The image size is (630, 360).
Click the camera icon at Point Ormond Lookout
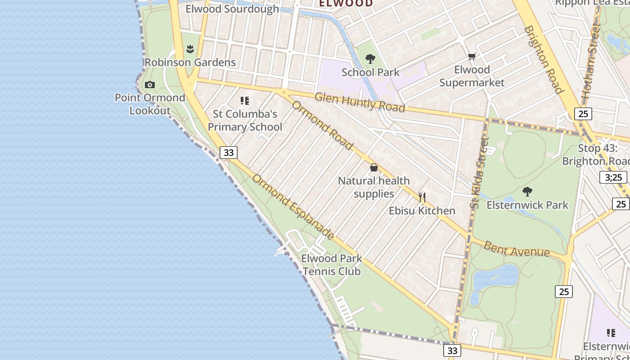pos(150,85)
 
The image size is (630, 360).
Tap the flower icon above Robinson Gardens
pos(190,49)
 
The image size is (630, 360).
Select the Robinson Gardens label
pos(190,62)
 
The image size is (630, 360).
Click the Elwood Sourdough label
pos(232,9)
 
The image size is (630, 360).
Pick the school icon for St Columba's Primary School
pos(245,101)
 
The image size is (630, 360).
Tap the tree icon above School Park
pos(370,59)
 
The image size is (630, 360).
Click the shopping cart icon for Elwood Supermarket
pos(472,57)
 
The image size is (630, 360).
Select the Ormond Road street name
pos(322,125)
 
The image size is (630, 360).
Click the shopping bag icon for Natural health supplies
pos(374,168)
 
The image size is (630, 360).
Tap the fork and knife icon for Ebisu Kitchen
pos(422,198)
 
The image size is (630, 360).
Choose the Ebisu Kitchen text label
pos(422,211)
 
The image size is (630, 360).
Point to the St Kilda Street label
pos(479,173)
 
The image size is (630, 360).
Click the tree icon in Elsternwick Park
pos(527,192)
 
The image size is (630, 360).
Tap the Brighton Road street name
pos(544,59)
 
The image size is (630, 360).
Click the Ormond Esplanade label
pos(293,207)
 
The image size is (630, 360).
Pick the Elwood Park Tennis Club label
pos(332,265)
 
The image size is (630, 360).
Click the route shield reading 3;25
pos(614,177)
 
